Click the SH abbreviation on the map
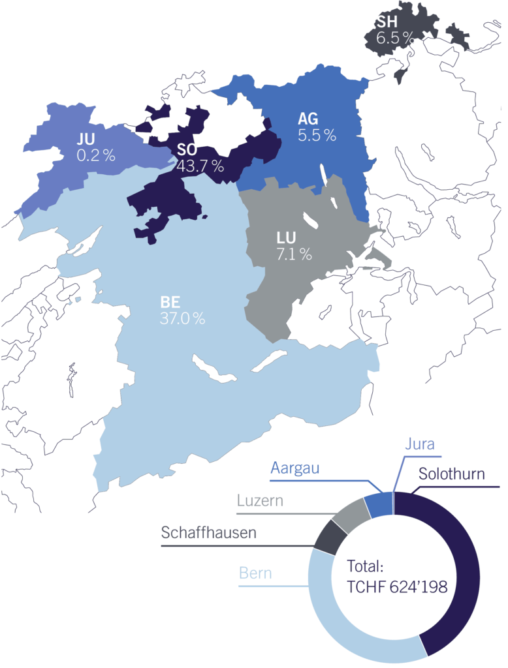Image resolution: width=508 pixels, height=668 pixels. point(385,23)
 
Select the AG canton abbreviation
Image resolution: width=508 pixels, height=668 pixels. point(308,119)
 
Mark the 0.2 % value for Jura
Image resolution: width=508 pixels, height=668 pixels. point(95,155)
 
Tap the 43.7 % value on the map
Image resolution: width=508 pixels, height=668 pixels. point(200,166)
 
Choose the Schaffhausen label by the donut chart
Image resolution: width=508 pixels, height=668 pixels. point(208,533)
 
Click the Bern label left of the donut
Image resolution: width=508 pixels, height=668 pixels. point(255,574)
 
